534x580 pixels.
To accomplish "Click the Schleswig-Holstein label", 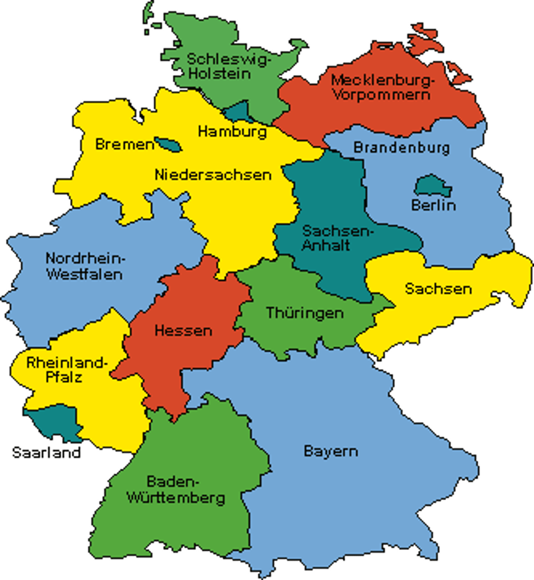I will pos(219,66).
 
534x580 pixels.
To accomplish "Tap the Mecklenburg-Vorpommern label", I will pos(380,87).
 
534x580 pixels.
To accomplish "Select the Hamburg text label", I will pos(232,131).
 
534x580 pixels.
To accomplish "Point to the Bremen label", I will pos(124,144).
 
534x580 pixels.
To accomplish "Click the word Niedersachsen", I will pos(213,174).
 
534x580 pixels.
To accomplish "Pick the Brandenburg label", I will pos(401,147).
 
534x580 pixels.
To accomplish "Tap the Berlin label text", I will pos(433,205).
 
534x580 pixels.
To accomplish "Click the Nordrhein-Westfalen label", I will pos(85,266).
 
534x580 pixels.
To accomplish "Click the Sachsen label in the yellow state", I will pos(437,289).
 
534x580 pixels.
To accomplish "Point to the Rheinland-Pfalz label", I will pos(64,369).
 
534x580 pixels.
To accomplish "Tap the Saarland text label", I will pos(46,453).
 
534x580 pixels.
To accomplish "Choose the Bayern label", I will pos(331,451).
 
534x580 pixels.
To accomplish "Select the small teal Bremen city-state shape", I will pos(168,144).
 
